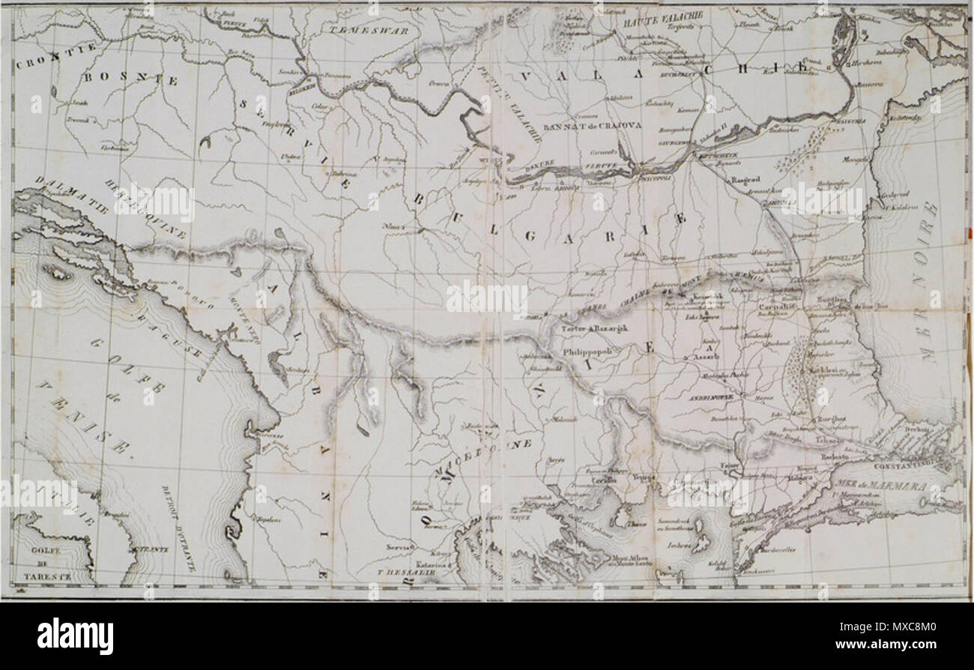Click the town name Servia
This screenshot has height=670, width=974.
399,548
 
